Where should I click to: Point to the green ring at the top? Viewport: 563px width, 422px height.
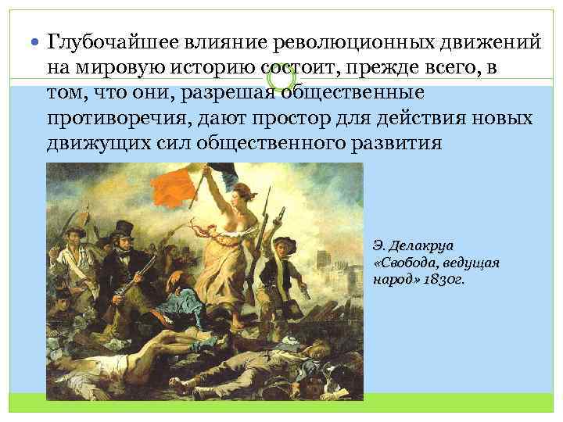click(x=281, y=78)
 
